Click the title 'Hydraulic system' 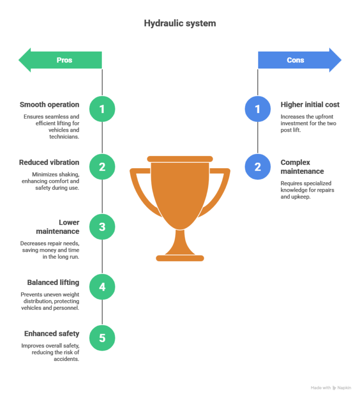pyautogui.click(x=180, y=23)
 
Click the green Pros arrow pyautogui.click(x=60, y=60)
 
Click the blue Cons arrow pyautogui.click(x=300, y=60)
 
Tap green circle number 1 pyautogui.click(x=102, y=109)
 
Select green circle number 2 pyautogui.click(x=102, y=166)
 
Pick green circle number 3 pyautogui.click(x=102, y=226)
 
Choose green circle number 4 pyautogui.click(x=102, y=286)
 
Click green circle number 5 pyautogui.click(x=102, y=338)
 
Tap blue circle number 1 pyautogui.click(x=257, y=109)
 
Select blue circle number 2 pyautogui.click(x=257, y=166)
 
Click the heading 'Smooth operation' pyautogui.click(x=50, y=105)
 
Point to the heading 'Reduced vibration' pyautogui.click(x=49, y=162)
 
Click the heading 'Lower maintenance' pyautogui.click(x=58, y=226)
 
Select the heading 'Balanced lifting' pyautogui.click(x=53, y=282)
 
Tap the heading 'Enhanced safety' pyautogui.click(x=52, y=334)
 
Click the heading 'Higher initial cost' pyautogui.click(x=310, y=105)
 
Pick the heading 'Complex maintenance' pyautogui.click(x=302, y=166)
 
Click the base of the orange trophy pyautogui.click(x=180, y=257)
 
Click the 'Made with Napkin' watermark pyautogui.click(x=330, y=388)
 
